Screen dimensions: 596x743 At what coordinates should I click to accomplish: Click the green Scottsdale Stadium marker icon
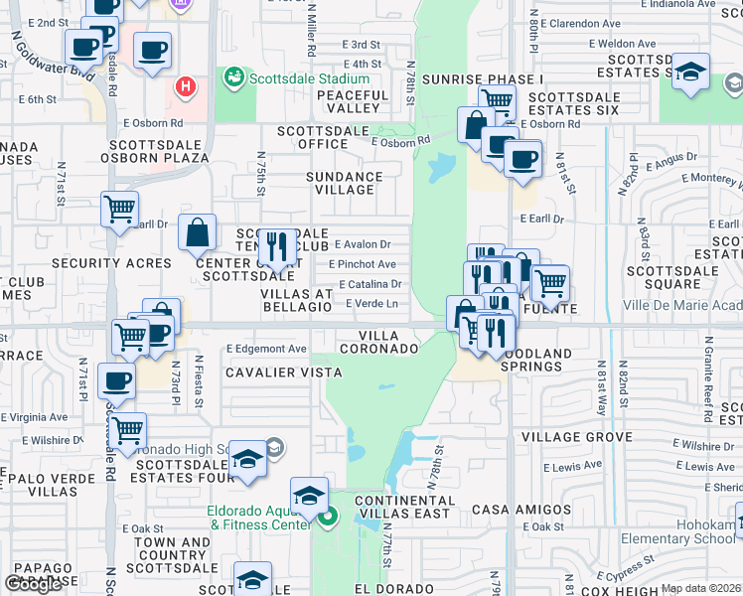tap(234, 76)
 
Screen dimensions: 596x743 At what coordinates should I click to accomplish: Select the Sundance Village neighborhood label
tap(344, 183)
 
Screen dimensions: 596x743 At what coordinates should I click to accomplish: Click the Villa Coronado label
tap(379, 342)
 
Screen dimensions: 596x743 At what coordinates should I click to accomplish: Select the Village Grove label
tap(577, 437)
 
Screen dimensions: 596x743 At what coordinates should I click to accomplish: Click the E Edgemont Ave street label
tap(266, 349)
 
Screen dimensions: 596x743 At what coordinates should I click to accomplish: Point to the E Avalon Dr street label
tap(363, 244)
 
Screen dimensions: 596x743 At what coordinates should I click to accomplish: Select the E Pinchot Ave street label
tap(363, 264)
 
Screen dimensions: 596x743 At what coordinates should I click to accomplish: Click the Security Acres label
tap(111, 263)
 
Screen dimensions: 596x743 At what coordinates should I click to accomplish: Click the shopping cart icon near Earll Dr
tap(119, 210)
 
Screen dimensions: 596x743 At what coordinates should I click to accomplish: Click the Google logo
tap(34, 584)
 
